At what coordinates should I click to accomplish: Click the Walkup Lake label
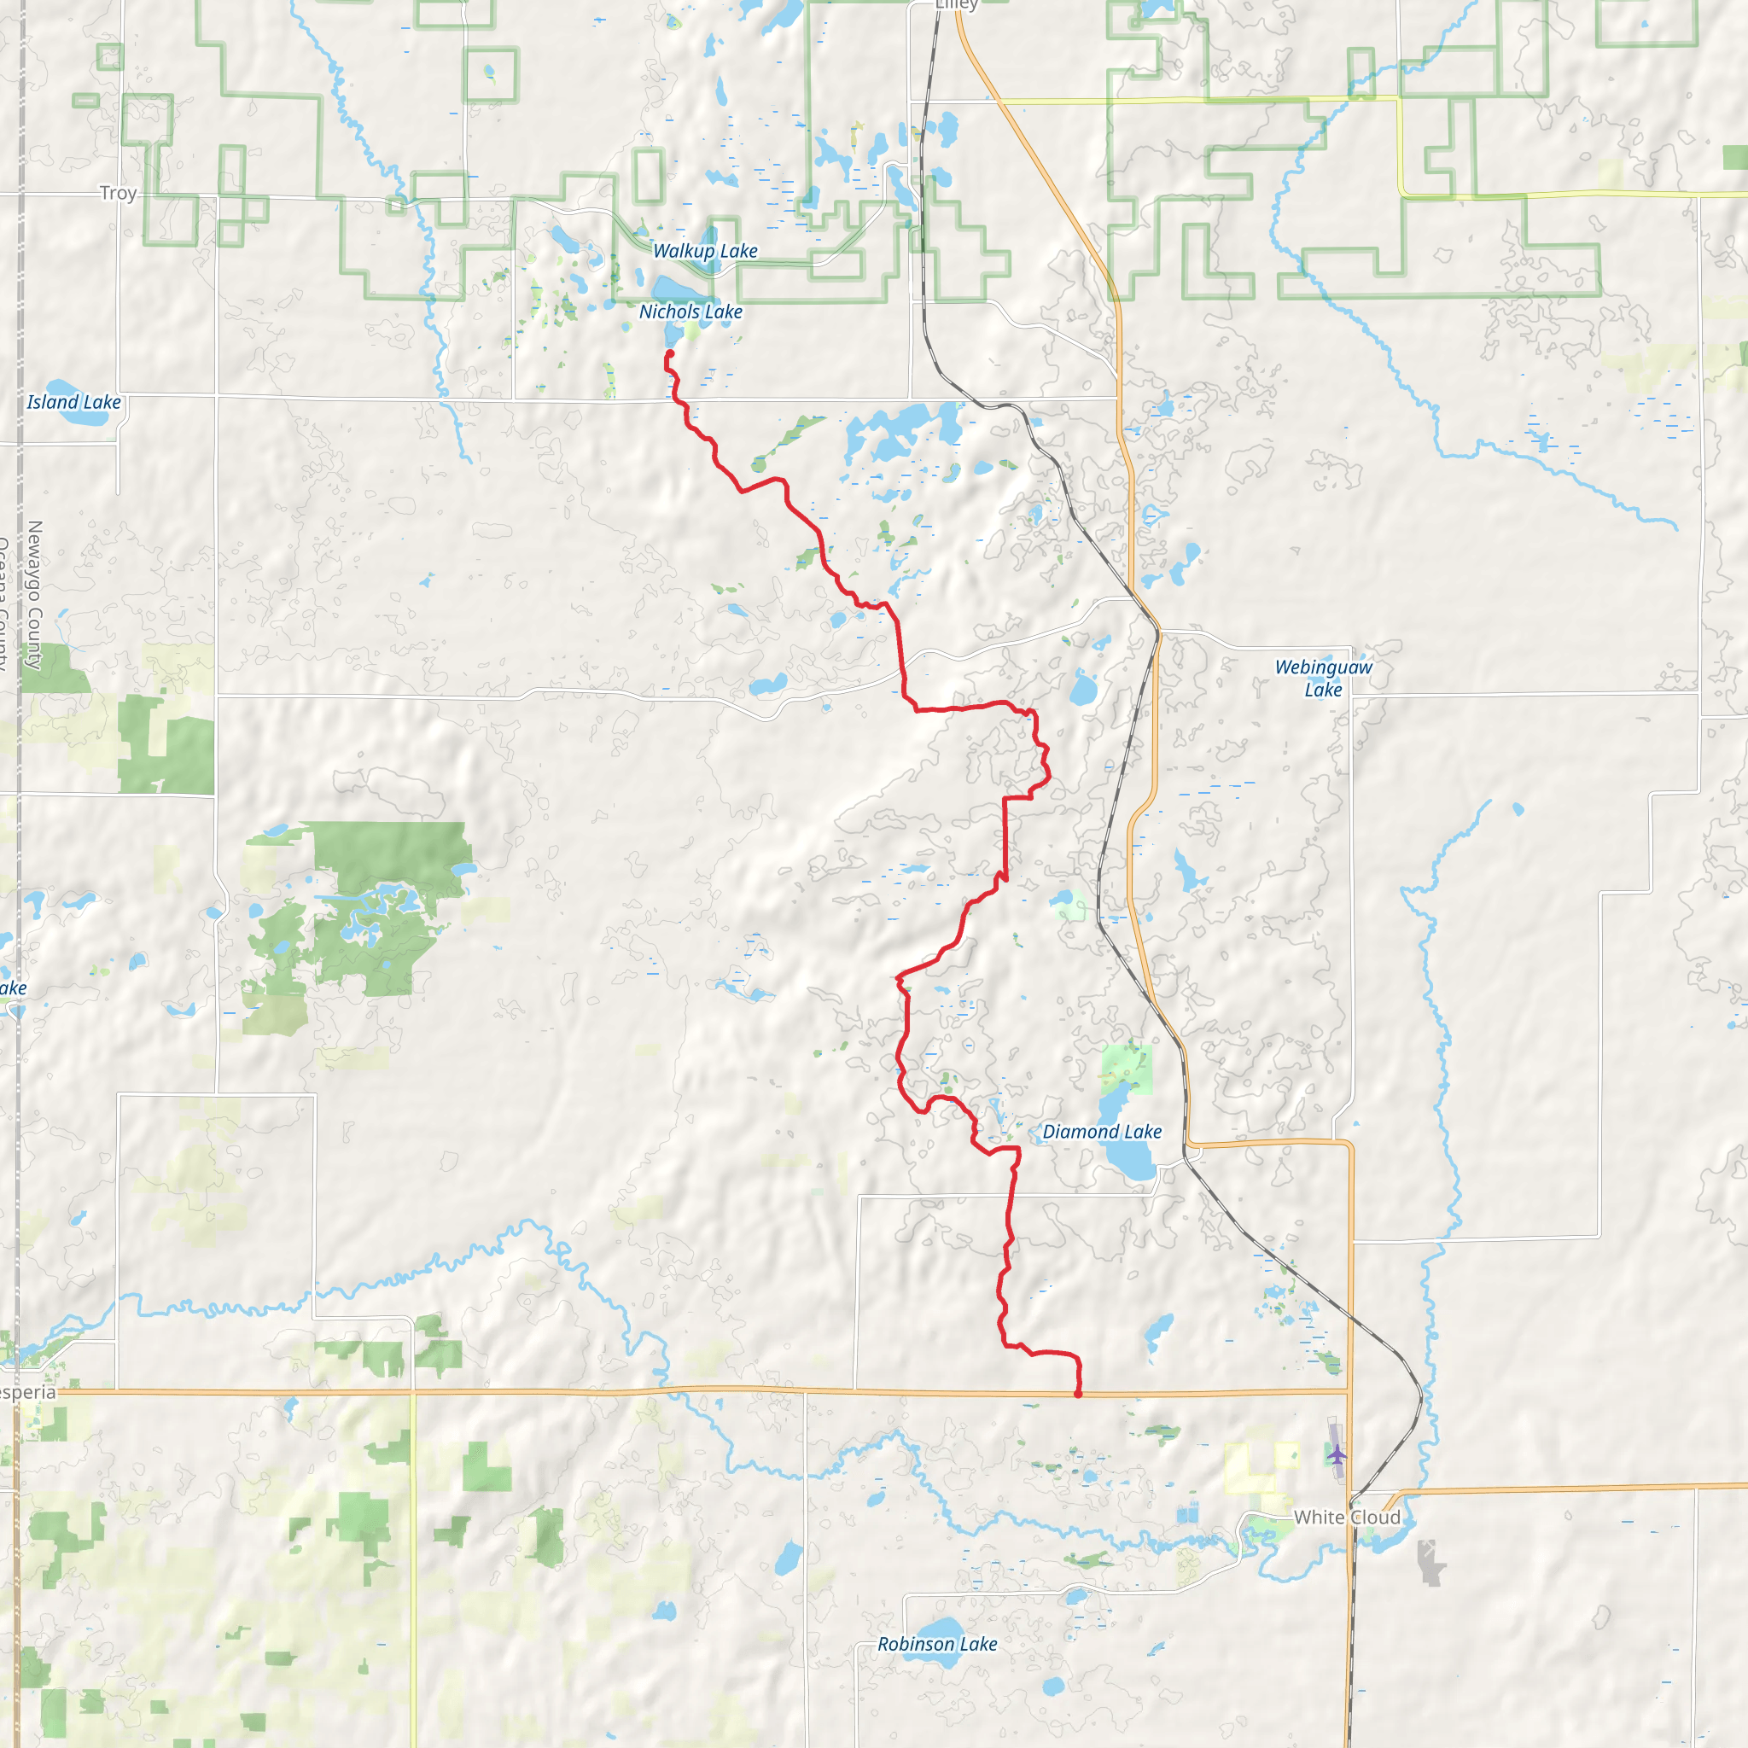[x=705, y=251]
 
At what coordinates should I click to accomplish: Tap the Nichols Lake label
[x=690, y=312]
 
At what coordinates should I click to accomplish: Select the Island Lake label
[x=73, y=402]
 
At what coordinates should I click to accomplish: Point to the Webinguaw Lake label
[x=1323, y=678]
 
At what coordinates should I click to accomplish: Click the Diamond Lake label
[x=1102, y=1131]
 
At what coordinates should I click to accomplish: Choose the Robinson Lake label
[x=937, y=1644]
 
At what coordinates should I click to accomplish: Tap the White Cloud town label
[x=1346, y=1518]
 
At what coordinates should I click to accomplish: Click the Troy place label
[x=118, y=193]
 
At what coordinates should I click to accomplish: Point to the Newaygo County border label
[x=35, y=594]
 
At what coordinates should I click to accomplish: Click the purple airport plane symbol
[x=1337, y=1455]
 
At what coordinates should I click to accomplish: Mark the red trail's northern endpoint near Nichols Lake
[x=670, y=353]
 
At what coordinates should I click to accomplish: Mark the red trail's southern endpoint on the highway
[x=1078, y=1395]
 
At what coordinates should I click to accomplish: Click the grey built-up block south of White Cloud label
[x=1430, y=1563]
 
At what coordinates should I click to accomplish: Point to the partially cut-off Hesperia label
[x=27, y=1391]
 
